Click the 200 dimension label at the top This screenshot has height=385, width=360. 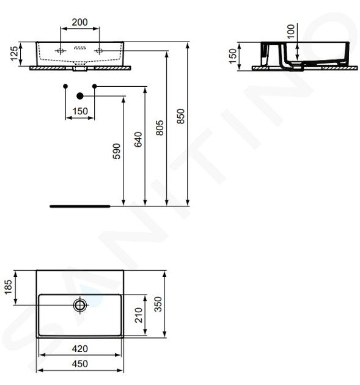[x=80, y=23]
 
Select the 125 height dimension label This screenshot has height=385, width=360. [x=15, y=54]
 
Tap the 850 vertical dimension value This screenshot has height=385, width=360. [x=181, y=116]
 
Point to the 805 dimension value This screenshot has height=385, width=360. [x=160, y=128]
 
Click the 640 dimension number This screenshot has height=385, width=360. [x=138, y=139]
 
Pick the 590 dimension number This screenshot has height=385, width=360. [x=117, y=152]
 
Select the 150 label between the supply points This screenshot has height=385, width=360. [x=80, y=111]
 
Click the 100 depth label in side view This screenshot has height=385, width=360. [x=291, y=31]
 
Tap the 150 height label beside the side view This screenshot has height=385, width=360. [x=232, y=56]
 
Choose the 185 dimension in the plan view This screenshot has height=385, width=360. [x=8, y=287]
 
